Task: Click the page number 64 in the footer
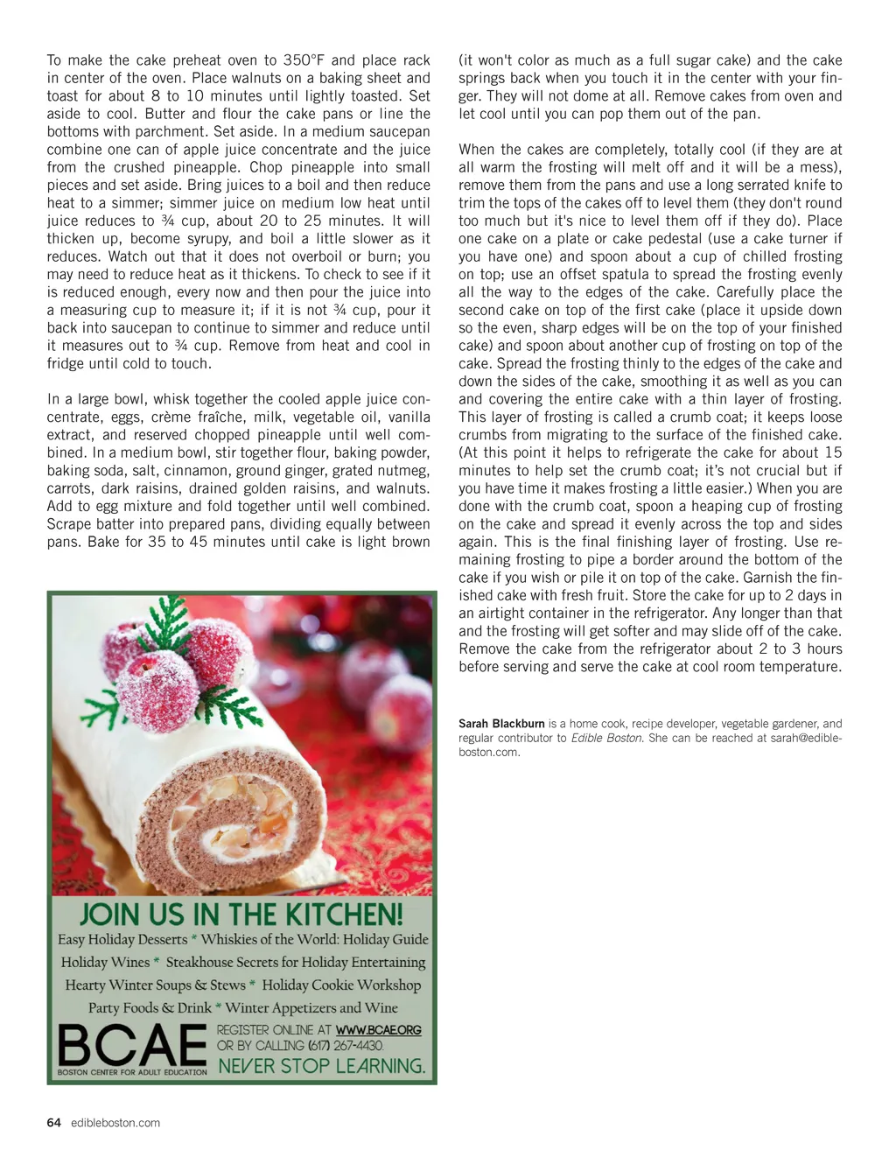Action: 54,1123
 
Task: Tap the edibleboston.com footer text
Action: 115,1123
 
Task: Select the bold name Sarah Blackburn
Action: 501,724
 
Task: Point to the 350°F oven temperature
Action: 304,60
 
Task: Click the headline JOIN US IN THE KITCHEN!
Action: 241,915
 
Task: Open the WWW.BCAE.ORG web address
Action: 379,1030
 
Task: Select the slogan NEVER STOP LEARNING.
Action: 321,1066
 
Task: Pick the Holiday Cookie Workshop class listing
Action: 341,985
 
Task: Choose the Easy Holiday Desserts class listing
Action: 122,939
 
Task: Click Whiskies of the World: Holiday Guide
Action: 315,939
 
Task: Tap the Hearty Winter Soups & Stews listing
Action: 155,985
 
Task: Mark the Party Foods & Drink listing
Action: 150,1007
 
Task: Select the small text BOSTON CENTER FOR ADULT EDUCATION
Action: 132,1072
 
